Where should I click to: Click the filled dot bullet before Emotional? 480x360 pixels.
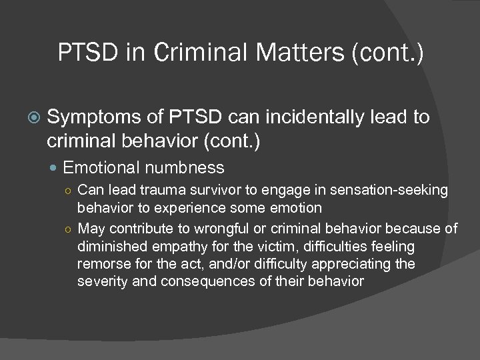coord(57,167)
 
